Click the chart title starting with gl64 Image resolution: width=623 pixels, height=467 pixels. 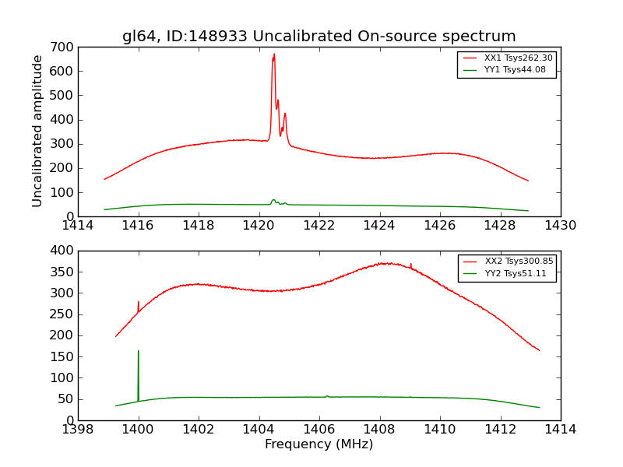(319, 37)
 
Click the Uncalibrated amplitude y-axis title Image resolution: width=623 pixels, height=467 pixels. (37, 131)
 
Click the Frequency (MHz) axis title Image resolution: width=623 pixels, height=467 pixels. (319, 444)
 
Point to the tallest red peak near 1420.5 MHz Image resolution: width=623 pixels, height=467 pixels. (274, 54)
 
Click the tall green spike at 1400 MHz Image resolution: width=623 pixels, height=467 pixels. (139, 352)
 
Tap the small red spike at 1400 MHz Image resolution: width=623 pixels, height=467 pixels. (139, 303)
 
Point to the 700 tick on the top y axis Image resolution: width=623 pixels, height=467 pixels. (65, 47)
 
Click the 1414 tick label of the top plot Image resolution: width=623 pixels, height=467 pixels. (78, 226)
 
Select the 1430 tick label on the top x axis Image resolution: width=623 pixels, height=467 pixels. (560, 226)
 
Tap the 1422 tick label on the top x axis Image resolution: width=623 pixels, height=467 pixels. (319, 226)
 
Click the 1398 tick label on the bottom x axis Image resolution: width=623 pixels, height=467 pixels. (78, 430)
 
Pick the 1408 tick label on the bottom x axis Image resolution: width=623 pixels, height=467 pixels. (379, 430)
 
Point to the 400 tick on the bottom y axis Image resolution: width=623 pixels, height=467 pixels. (65, 251)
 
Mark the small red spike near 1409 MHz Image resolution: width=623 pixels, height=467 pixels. (410, 265)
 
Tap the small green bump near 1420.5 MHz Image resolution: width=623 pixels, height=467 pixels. (273, 200)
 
